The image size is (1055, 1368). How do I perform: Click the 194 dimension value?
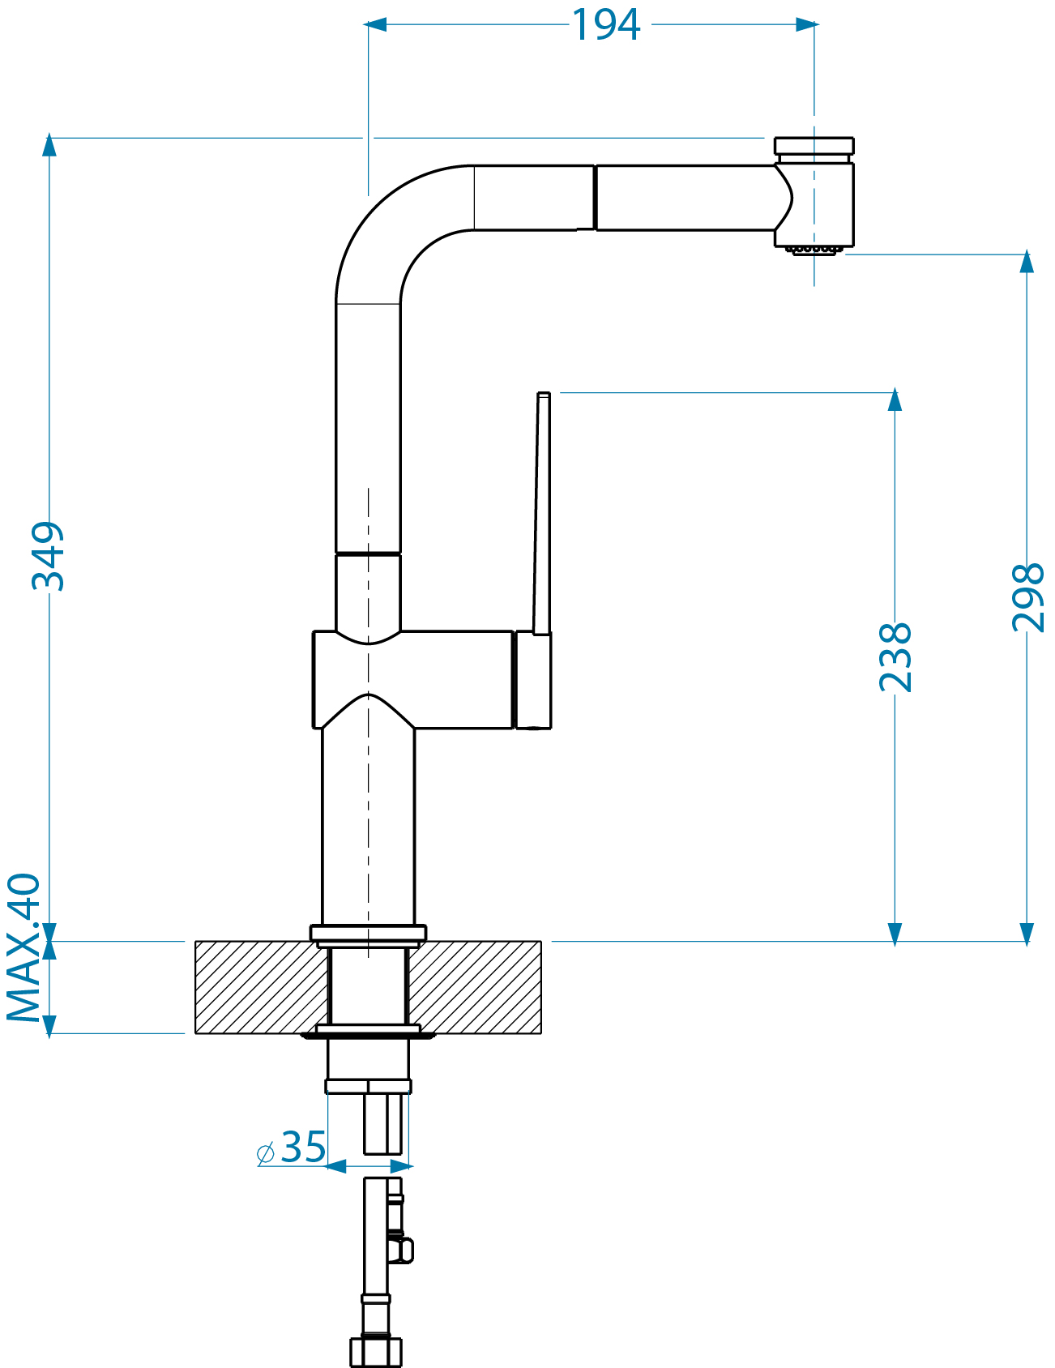pos(606,25)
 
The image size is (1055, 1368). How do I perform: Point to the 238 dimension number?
pos(895,656)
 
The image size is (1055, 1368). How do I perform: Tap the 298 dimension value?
pos(1027,597)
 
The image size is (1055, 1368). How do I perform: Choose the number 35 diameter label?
pos(304,1147)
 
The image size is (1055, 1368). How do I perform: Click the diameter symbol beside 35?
pos(266,1152)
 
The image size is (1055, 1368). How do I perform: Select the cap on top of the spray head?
pos(814,146)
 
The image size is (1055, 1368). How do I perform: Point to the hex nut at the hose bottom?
pos(376,1351)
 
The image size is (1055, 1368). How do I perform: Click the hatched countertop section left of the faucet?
pos(259,987)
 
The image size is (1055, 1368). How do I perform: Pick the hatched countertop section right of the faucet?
pos(475,987)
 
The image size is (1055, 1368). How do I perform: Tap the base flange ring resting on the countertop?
pos(369,934)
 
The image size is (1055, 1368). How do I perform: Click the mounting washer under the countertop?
pos(369,1032)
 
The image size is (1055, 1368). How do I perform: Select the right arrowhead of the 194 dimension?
pos(807,25)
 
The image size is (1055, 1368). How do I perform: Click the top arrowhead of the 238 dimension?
pos(895,400)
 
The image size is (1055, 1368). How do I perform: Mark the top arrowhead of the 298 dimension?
pos(1027,261)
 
